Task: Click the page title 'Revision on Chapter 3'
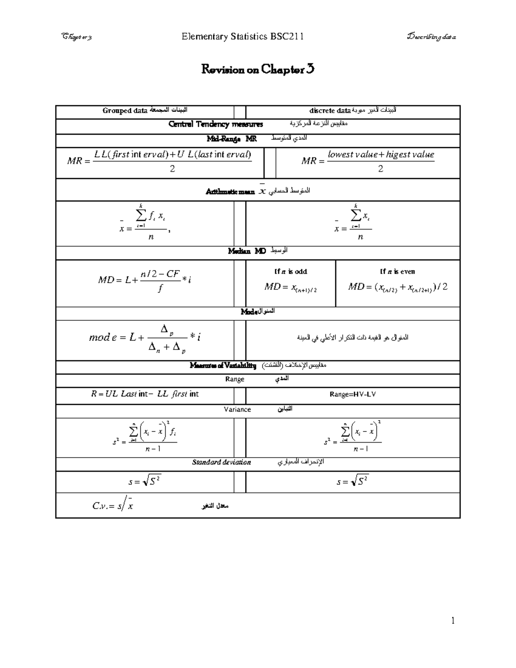(258, 69)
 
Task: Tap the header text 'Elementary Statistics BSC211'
(243, 37)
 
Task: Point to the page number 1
(453, 621)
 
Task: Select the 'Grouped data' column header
(125, 111)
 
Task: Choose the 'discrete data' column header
(330, 111)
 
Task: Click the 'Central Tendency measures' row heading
(215, 124)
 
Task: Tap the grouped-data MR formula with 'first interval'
(160, 161)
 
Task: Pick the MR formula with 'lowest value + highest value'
(368, 161)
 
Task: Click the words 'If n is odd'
(291, 271)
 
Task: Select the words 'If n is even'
(397, 271)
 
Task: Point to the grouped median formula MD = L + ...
(145, 280)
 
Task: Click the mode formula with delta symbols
(145, 338)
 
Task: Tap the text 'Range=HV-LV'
(353, 394)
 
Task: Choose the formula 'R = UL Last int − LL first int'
(145, 394)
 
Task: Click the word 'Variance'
(237, 409)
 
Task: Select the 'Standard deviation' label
(221, 462)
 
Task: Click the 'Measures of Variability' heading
(223, 366)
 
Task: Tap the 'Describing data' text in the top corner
(431, 37)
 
